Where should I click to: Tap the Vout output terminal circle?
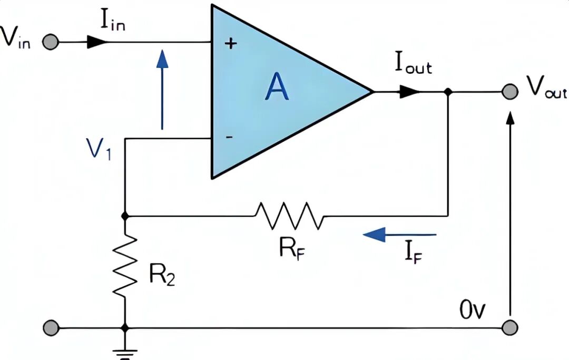pos(508,92)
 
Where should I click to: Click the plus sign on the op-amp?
pos(230,44)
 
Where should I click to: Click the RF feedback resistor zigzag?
pos(289,215)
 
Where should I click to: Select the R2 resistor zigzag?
pos(125,266)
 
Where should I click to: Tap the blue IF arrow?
pos(399,234)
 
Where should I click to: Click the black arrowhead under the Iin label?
pos(96,43)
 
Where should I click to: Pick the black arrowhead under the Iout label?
pos(409,92)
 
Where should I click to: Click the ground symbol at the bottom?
pos(125,352)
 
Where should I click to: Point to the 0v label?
pos(473,310)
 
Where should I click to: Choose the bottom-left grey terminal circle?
pos(50,327)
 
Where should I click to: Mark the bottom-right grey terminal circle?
pos(508,327)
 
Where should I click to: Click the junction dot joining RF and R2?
pos(125,216)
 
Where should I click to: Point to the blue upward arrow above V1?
pos(162,90)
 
